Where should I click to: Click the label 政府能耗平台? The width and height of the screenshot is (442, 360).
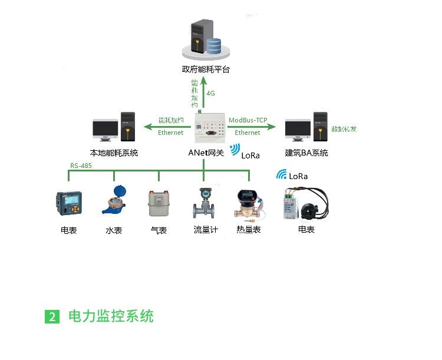point(206,70)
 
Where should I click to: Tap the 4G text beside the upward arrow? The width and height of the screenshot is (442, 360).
point(211,93)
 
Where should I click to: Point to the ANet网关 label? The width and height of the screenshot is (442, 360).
point(206,153)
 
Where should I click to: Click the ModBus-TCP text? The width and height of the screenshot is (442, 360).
point(248,120)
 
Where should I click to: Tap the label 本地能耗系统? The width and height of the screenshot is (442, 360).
point(114,153)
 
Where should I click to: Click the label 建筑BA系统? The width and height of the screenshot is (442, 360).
point(306,153)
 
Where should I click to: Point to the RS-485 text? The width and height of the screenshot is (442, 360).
point(81,166)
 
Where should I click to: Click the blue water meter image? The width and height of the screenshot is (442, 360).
point(114,201)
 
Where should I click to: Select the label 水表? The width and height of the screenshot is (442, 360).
point(114,230)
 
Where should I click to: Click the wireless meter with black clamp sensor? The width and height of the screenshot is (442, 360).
point(306,202)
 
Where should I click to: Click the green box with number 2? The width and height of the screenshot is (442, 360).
point(52,316)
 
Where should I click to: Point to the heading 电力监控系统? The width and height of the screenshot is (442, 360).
point(111,316)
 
